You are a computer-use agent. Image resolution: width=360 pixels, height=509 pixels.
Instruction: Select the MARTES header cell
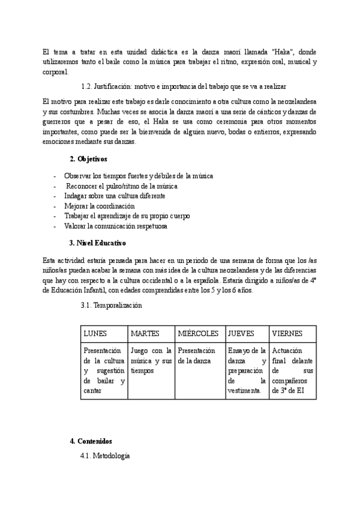(x=145, y=333)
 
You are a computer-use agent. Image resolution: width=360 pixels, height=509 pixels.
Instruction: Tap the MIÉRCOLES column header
(x=199, y=333)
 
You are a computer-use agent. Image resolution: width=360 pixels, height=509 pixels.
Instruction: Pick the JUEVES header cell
(x=242, y=333)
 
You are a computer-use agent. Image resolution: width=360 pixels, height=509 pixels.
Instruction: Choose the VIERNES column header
(x=287, y=333)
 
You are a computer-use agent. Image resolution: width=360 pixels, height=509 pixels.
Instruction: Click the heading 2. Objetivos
(x=88, y=159)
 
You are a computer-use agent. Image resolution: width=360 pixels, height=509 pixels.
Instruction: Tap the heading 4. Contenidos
(x=91, y=441)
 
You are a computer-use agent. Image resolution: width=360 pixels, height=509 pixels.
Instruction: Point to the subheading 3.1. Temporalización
(x=111, y=305)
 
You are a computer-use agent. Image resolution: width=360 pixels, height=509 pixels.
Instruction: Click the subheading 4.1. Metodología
(x=105, y=456)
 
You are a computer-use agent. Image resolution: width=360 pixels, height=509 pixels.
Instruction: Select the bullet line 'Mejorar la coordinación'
(x=99, y=206)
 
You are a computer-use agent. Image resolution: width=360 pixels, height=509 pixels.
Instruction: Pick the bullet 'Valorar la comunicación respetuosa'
(x=116, y=226)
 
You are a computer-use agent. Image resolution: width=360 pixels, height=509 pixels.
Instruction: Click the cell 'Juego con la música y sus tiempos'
(x=151, y=360)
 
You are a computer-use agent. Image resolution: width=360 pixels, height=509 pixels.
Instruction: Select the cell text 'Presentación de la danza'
(x=196, y=355)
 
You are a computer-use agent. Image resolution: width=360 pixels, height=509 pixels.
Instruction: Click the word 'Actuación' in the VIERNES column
(x=287, y=351)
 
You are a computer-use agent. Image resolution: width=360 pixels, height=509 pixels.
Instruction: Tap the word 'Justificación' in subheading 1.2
(x=118, y=87)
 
